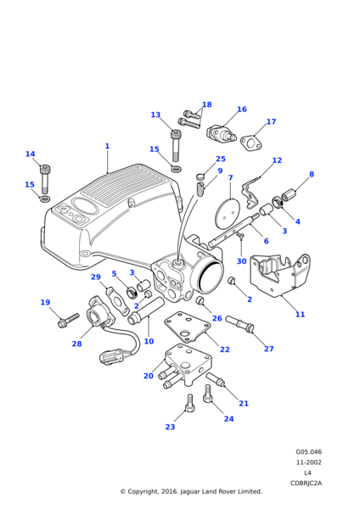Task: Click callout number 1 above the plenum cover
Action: pyautogui.click(x=107, y=147)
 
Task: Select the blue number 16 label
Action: pyautogui.click(x=242, y=109)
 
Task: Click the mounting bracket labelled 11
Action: pyautogui.click(x=279, y=275)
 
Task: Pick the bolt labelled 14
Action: pyautogui.click(x=45, y=180)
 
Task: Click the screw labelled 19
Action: pyautogui.click(x=68, y=320)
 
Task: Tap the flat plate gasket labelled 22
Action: pyautogui.click(x=188, y=327)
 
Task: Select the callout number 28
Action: pyautogui.click(x=76, y=344)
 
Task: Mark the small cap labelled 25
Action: pyautogui.click(x=200, y=177)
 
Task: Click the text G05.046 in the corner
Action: pyautogui.click(x=308, y=452)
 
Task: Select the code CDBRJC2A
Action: pyautogui.click(x=306, y=484)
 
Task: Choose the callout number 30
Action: pyautogui.click(x=241, y=261)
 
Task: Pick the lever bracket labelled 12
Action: pyautogui.click(x=250, y=196)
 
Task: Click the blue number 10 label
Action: pyautogui.click(x=149, y=342)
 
